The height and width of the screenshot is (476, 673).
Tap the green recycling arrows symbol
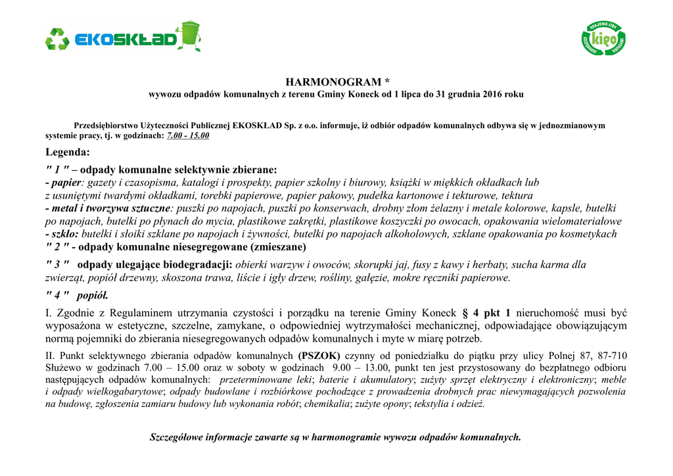coord(57,39)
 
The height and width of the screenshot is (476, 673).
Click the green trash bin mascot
coord(189,35)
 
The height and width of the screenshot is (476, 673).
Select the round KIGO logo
coord(603,39)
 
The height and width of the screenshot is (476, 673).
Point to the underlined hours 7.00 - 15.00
coord(189,135)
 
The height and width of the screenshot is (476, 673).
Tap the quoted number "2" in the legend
coord(57,247)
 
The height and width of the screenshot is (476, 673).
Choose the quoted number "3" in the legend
coord(57,264)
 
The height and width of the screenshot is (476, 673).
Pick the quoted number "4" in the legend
coord(57,295)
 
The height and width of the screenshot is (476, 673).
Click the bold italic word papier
coord(64,182)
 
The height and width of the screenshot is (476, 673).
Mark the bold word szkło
coord(64,234)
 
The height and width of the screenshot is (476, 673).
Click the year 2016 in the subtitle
coord(492,95)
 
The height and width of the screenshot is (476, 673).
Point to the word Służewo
coord(64,368)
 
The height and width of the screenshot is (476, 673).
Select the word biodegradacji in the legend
coord(202,264)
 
